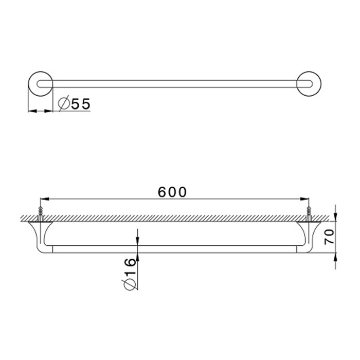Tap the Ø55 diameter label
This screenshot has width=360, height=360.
75,104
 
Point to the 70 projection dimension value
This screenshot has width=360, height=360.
329,237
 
